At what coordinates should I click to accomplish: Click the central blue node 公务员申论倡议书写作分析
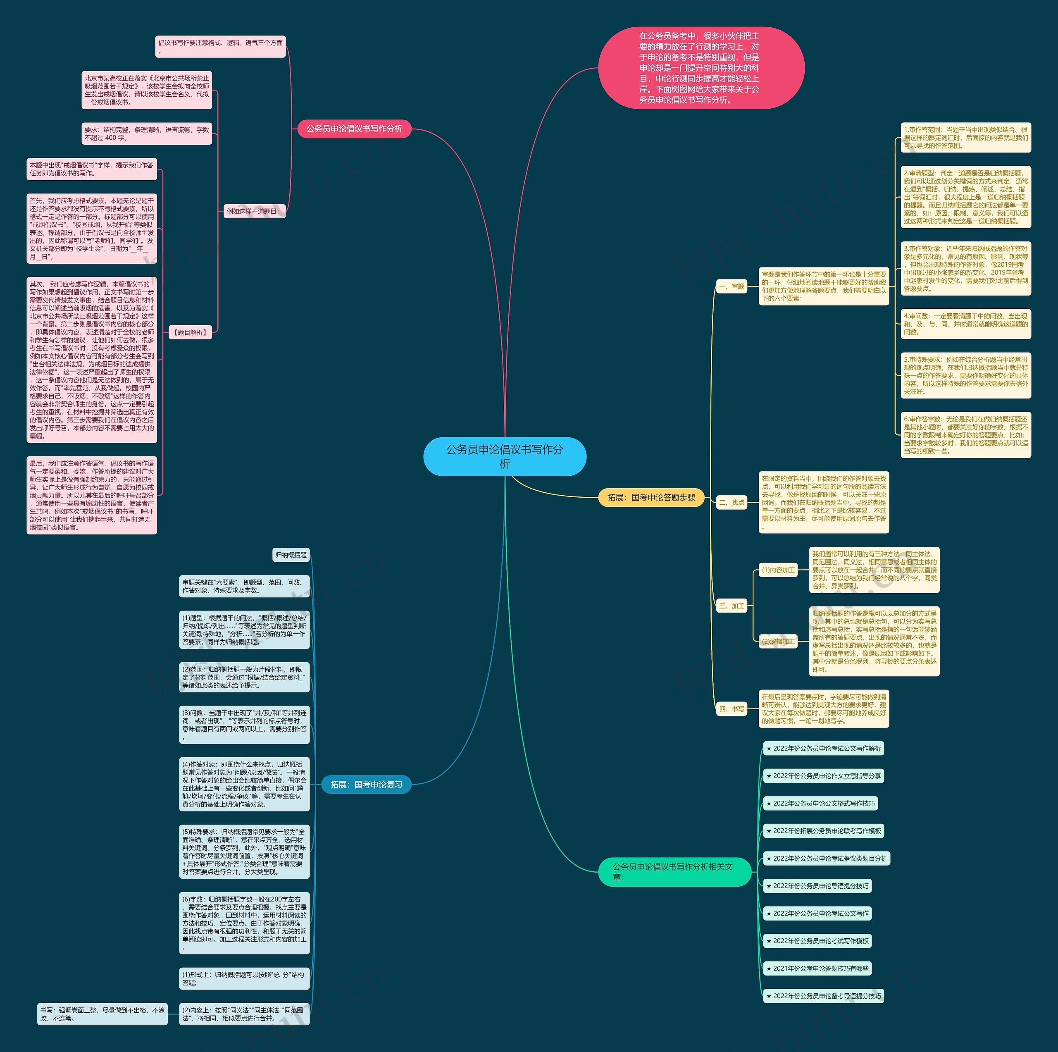(504, 456)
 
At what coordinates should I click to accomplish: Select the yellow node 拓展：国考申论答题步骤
(651, 497)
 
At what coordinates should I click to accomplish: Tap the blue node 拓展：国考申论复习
(366, 784)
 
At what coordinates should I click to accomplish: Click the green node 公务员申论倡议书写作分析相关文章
(674, 871)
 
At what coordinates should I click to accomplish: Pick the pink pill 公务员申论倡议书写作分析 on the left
(354, 129)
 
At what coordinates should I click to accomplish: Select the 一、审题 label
(732, 286)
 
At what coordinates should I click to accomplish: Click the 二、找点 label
(732, 502)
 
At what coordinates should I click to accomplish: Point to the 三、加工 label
(732, 606)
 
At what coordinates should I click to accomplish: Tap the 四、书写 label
(732, 708)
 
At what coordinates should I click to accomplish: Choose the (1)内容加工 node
(778, 570)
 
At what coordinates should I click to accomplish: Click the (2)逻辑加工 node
(778, 641)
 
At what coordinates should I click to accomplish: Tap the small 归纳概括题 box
(291, 555)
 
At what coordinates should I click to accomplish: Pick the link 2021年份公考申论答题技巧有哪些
(817, 968)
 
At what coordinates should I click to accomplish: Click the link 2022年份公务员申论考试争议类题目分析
(827, 858)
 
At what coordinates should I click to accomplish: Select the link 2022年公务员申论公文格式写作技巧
(820, 804)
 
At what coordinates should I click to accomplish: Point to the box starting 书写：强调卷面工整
(102, 1014)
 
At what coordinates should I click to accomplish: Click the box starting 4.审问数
(965, 324)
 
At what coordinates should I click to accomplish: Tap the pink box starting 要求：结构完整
(146, 134)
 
